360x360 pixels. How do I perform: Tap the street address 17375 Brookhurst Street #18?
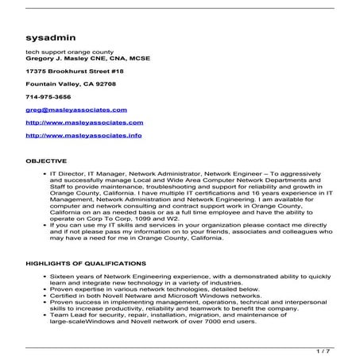click(x=70, y=73)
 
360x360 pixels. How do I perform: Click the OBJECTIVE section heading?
click(x=46, y=161)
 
